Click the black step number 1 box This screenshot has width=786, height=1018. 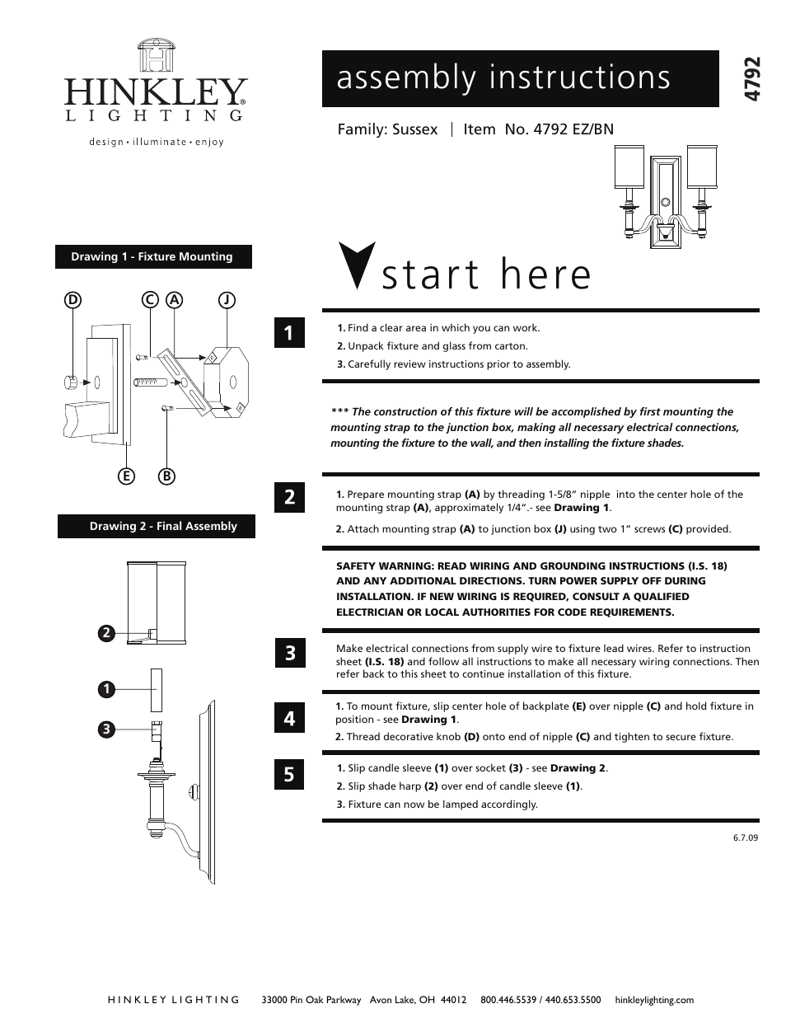click(288, 332)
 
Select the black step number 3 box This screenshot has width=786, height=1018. click(289, 654)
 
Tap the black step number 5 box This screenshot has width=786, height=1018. click(288, 774)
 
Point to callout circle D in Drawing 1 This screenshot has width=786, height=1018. click(73, 301)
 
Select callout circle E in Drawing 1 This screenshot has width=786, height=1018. click(125, 476)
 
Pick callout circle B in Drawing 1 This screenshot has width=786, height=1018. click(166, 476)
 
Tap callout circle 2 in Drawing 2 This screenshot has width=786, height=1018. click(105, 633)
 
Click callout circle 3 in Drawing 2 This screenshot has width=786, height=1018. click(105, 729)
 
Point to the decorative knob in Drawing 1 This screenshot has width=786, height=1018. click(73, 382)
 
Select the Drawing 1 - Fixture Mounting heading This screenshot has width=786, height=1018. click(152, 257)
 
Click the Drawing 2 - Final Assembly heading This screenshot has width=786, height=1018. click(157, 527)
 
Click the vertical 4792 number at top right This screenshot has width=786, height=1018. click(751, 79)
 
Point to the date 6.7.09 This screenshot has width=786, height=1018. click(745, 837)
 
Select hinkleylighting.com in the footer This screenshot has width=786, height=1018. click(654, 1000)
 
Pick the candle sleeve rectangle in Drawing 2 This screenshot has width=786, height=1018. click(156, 689)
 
